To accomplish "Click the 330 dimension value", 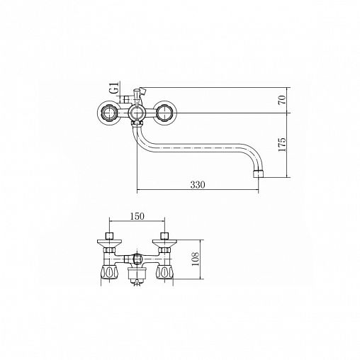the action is click(x=198, y=185).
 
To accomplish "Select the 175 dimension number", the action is click(x=282, y=145).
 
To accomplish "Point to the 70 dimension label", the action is click(x=282, y=100).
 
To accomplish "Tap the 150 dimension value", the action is click(x=137, y=216).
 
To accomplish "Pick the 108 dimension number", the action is click(x=196, y=259).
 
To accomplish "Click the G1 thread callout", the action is click(x=115, y=88).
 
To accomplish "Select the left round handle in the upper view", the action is click(x=109, y=113).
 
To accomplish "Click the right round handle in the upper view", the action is click(x=165, y=113).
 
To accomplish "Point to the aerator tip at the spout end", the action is click(x=258, y=174).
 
